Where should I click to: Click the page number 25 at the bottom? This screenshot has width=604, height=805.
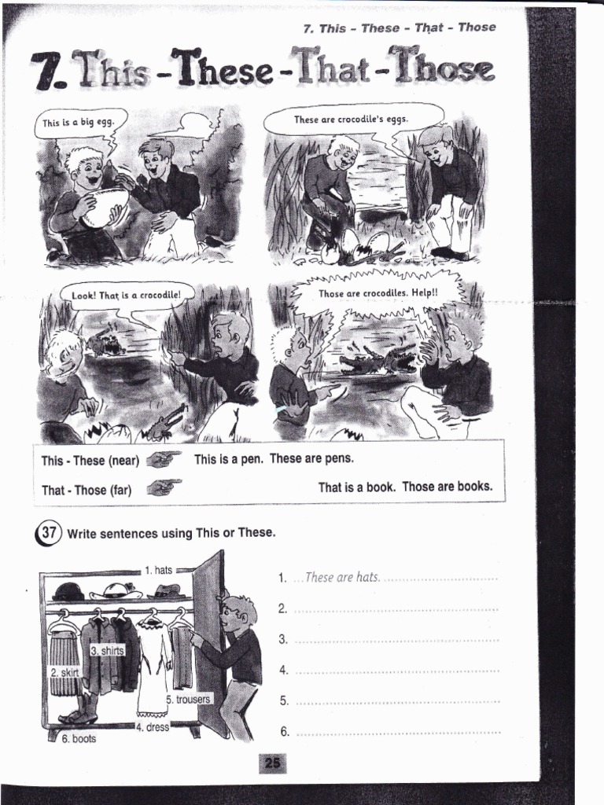272,763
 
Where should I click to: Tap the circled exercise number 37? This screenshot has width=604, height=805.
47,532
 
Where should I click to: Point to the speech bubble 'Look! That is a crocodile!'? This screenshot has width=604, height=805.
126,296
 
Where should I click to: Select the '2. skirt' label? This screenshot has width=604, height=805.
64,672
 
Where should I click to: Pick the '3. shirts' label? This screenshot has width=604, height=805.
106,650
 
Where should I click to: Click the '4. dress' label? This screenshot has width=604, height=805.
152,727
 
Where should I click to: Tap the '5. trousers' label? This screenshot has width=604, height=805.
188,699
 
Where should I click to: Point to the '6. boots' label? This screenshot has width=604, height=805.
78,739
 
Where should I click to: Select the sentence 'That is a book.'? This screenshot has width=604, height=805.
357,487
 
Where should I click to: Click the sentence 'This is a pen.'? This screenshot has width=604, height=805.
228,458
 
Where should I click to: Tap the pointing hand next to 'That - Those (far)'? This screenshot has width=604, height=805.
164,487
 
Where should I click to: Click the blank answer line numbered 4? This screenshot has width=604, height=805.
397,671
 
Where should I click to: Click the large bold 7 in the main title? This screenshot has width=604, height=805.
46,72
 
